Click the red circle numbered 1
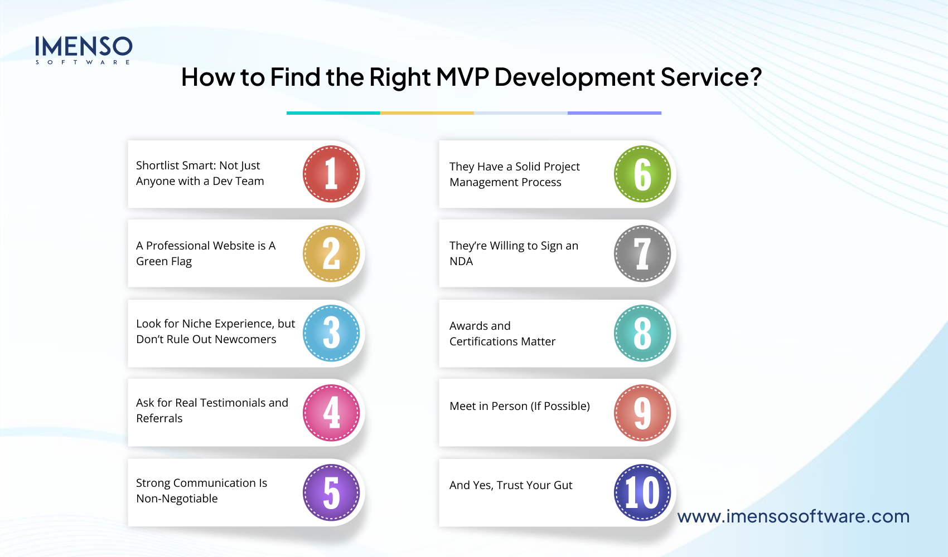click(331, 174)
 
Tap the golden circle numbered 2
click(331, 253)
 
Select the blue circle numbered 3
click(331, 333)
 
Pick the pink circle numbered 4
click(331, 413)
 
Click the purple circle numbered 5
click(331, 492)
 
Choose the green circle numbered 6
click(642, 174)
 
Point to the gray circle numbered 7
click(642, 253)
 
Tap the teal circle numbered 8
click(642, 333)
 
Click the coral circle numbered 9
click(642, 413)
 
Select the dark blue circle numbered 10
click(642, 492)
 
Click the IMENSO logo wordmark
click(84, 47)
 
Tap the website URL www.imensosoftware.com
click(793, 516)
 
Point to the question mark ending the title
click(756, 77)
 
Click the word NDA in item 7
click(461, 261)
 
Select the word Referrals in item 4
click(159, 418)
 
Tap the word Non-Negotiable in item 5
click(177, 499)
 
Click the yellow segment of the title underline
click(427, 113)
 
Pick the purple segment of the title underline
click(614, 113)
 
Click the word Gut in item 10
click(563, 485)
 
